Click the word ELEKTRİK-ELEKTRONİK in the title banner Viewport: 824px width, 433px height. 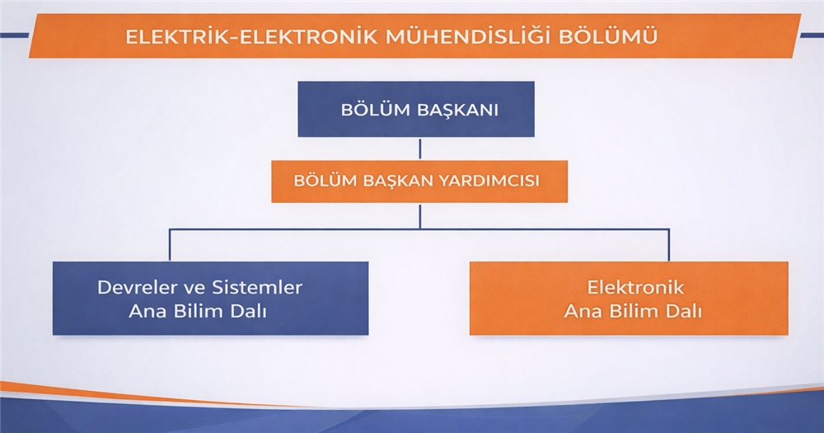[x=251, y=37]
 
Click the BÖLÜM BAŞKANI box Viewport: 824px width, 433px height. [x=416, y=109]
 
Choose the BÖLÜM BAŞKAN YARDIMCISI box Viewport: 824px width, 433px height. [x=419, y=181]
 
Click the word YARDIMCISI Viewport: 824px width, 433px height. [x=489, y=181]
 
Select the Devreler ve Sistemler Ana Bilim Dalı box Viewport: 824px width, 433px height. [x=210, y=299]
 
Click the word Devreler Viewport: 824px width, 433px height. [x=137, y=287]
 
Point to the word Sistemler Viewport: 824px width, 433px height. [x=257, y=287]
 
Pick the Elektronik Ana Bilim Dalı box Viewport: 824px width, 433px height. [x=629, y=299]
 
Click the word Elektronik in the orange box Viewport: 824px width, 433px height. [x=635, y=287]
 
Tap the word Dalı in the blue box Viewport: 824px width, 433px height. [x=249, y=311]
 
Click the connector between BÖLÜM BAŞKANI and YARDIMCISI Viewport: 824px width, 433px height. [x=420, y=148]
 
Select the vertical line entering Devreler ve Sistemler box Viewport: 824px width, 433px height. [x=170, y=245]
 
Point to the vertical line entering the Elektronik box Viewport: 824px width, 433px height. [x=668, y=245]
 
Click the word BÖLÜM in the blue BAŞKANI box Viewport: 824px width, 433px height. [x=375, y=110]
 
